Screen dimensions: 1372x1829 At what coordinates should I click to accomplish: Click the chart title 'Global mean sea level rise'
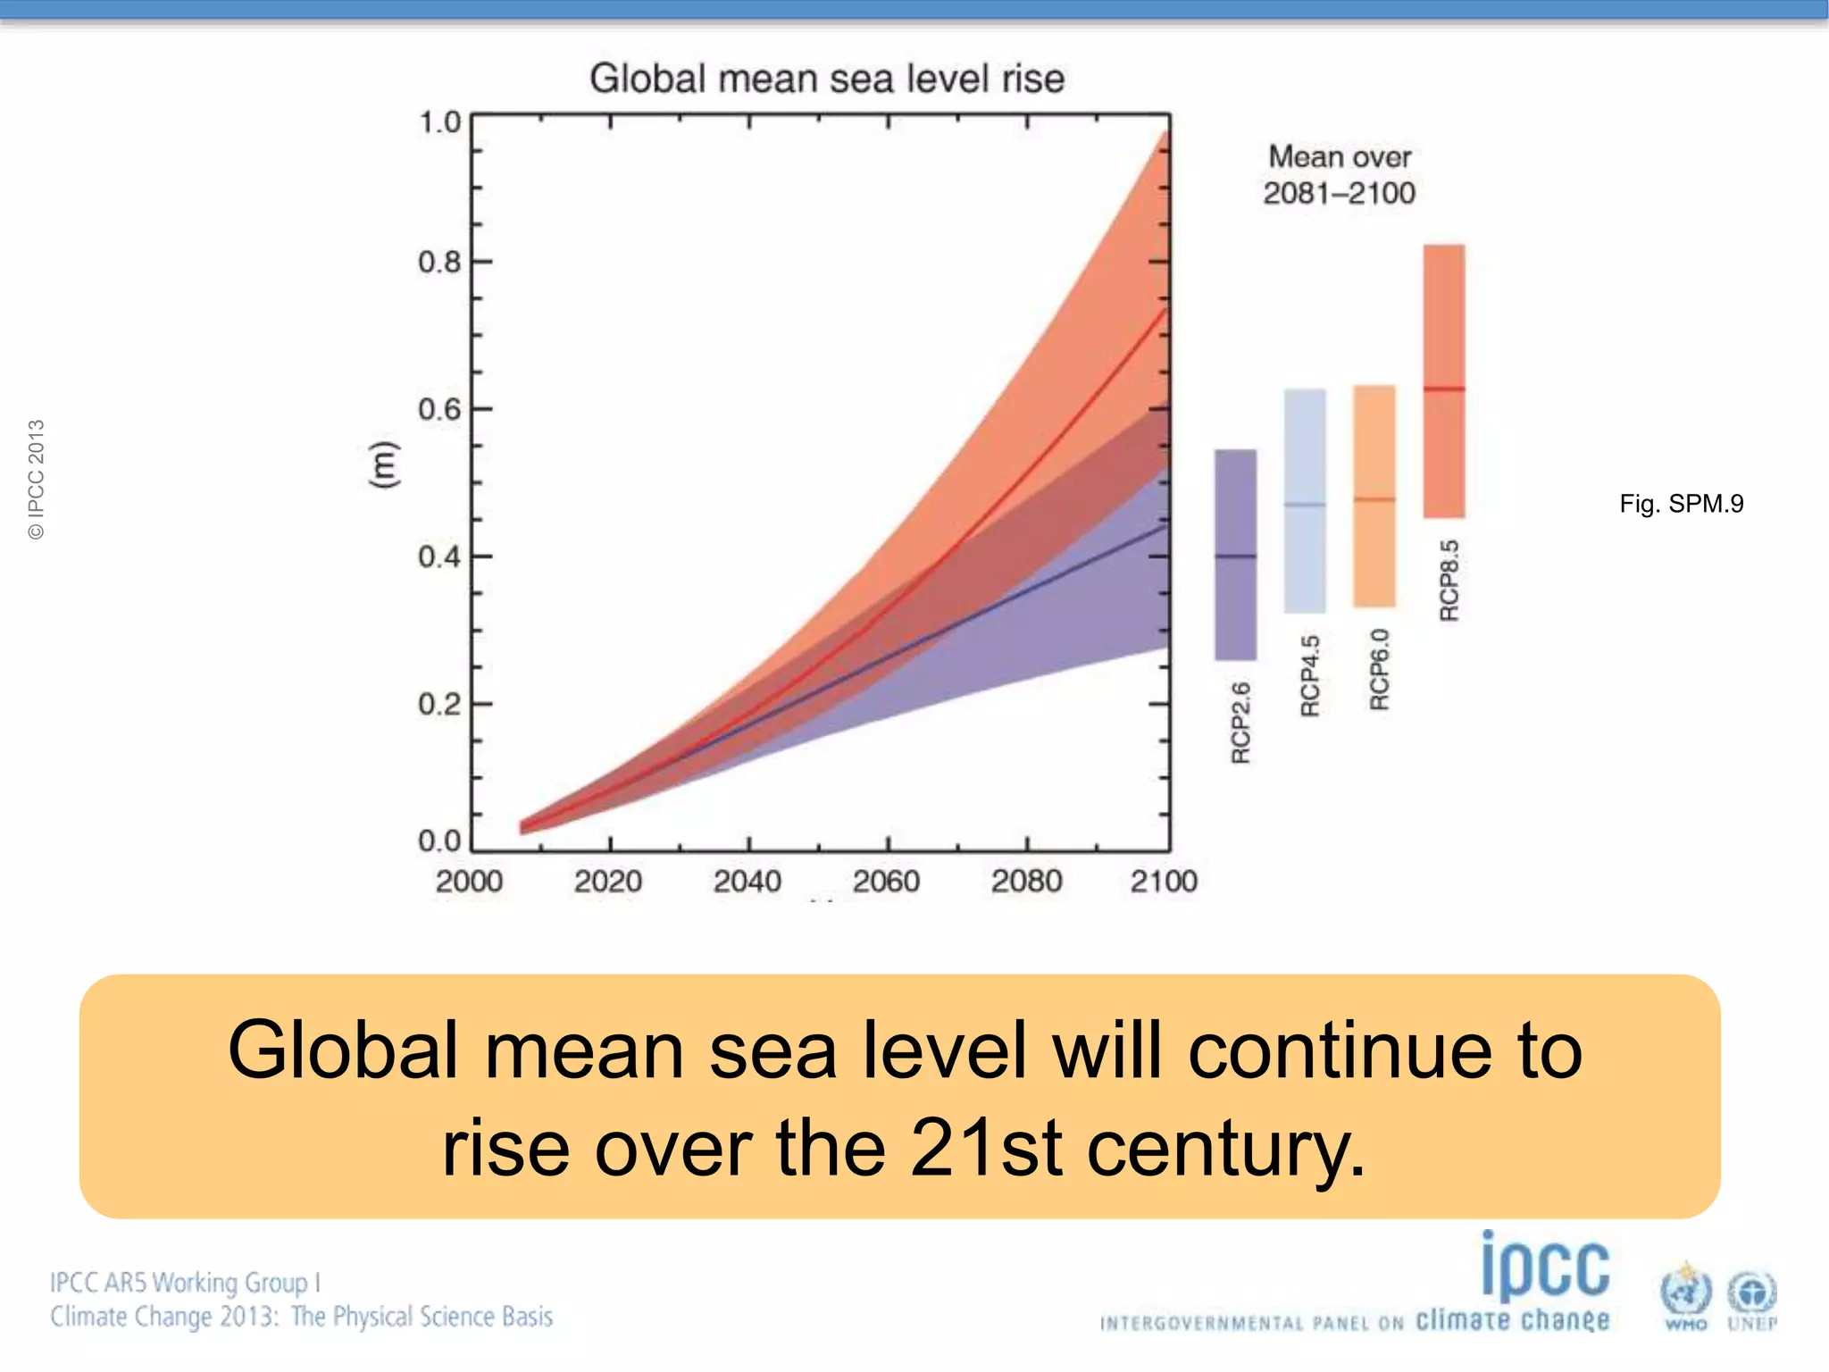[827, 79]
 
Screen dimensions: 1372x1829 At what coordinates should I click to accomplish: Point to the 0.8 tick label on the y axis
[439, 263]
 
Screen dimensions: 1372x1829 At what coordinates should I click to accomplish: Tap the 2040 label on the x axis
[747, 882]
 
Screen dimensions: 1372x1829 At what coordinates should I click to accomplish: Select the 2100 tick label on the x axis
[1163, 882]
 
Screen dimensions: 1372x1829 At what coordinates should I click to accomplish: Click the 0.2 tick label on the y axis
[439, 705]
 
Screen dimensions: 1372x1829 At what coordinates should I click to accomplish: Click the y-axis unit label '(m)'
[381, 464]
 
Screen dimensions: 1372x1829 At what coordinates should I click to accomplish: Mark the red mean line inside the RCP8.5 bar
[1444, 389]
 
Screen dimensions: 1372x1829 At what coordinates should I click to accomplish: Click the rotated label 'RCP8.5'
[1449, 581]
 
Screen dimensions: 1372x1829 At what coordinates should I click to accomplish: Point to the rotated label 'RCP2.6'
[1240, 723]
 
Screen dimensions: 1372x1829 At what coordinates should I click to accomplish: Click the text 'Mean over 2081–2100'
[1340, 175]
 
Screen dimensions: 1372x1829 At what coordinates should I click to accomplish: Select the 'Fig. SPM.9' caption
[1681, 504]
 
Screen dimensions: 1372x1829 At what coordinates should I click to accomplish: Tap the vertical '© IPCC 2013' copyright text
[36, 479]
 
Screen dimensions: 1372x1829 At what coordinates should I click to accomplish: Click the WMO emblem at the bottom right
[1685, 1295]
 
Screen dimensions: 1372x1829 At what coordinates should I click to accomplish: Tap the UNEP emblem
[1752, 1297]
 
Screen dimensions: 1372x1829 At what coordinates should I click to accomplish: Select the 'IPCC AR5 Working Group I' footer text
[185, 1283]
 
